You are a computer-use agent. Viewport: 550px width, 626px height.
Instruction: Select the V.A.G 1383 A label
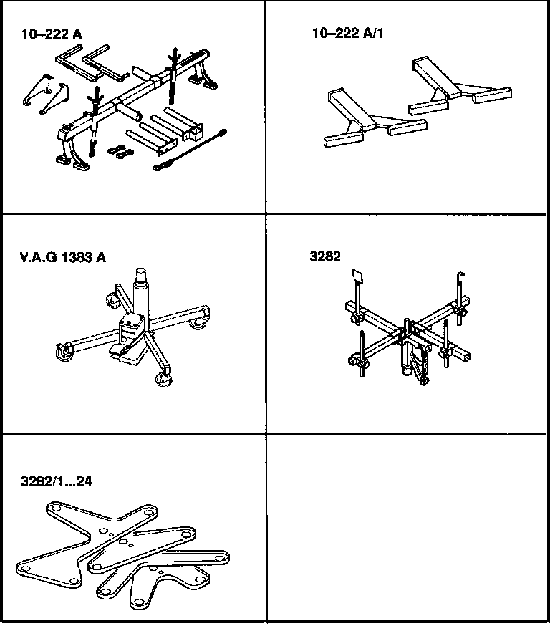click(63, 257)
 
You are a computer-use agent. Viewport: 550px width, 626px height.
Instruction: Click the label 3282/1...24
click(57, 481)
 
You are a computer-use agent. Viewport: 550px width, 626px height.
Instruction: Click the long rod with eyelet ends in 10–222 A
click(189, 150)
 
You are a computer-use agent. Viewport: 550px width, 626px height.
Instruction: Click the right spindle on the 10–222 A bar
click(173, 72)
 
